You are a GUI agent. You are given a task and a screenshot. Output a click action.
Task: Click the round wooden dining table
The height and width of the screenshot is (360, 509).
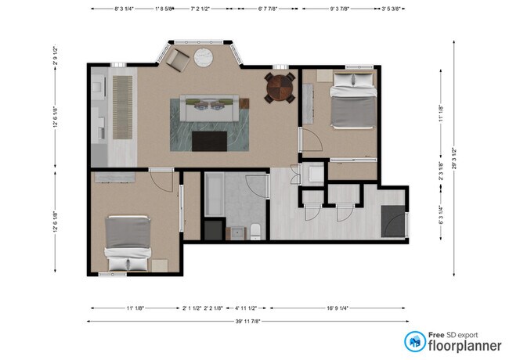click(x=279, y=88)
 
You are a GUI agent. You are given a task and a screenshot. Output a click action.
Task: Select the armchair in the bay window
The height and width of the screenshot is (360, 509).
click(x=178, y=58)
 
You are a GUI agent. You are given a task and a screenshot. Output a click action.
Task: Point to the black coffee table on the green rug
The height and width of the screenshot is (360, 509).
click(x=209, y=141)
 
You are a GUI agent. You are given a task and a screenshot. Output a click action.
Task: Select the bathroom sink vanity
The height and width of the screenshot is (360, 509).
click(x=234, y=232)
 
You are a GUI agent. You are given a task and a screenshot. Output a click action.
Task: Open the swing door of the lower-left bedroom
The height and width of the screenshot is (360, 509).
click(x=161, y=182)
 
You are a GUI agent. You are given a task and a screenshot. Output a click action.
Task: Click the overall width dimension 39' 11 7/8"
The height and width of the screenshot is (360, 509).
click(x=247, y=321)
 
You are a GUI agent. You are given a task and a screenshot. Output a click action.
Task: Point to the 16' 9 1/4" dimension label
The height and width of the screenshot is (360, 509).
click(x=339, y=308)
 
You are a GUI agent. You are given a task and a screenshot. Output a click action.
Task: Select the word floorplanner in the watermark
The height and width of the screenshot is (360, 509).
click(x=464, y=345)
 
